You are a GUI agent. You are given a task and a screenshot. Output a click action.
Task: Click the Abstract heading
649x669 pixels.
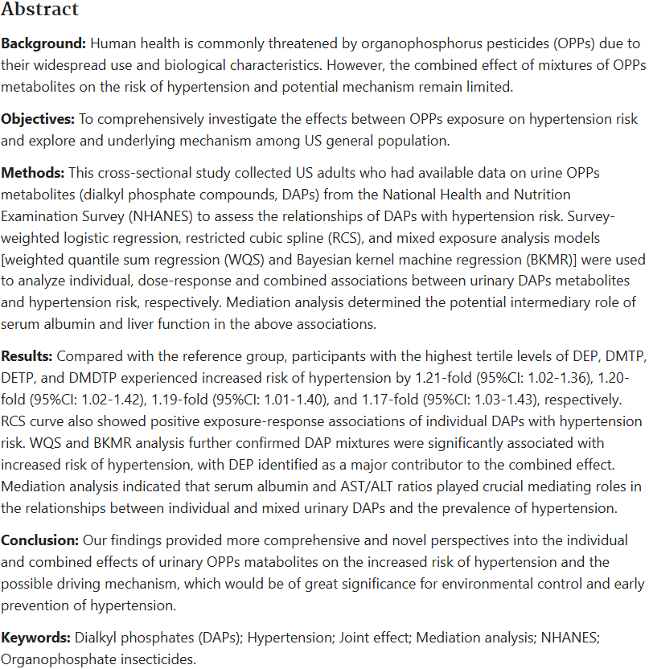(x=40, y=10)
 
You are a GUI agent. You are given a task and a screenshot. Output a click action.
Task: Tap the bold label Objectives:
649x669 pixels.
(x=37, y=119)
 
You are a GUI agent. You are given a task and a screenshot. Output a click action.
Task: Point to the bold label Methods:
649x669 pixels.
(x=33, y=174)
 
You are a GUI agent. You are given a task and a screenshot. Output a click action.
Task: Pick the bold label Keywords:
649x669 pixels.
(x=36, y=638)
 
